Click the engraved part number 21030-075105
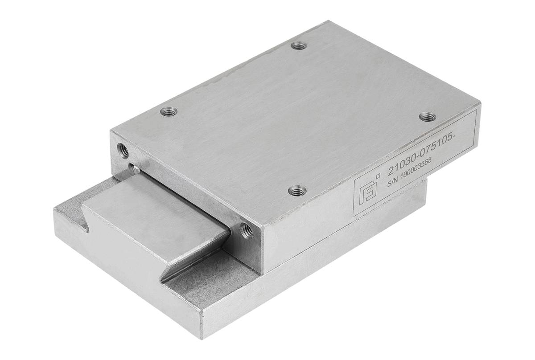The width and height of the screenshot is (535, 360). click(x=421, y=156)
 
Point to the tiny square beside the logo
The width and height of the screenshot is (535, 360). click(x=378, y=176)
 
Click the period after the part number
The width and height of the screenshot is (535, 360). click(x=453, y=138)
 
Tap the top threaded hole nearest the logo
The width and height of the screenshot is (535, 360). click(x=297, y=191)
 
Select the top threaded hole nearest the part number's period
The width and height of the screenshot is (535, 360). click(x=428, y=116)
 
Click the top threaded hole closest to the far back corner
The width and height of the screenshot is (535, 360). click(x=299, y=45)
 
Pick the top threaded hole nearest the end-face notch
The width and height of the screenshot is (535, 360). click(x=169, y=111)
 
